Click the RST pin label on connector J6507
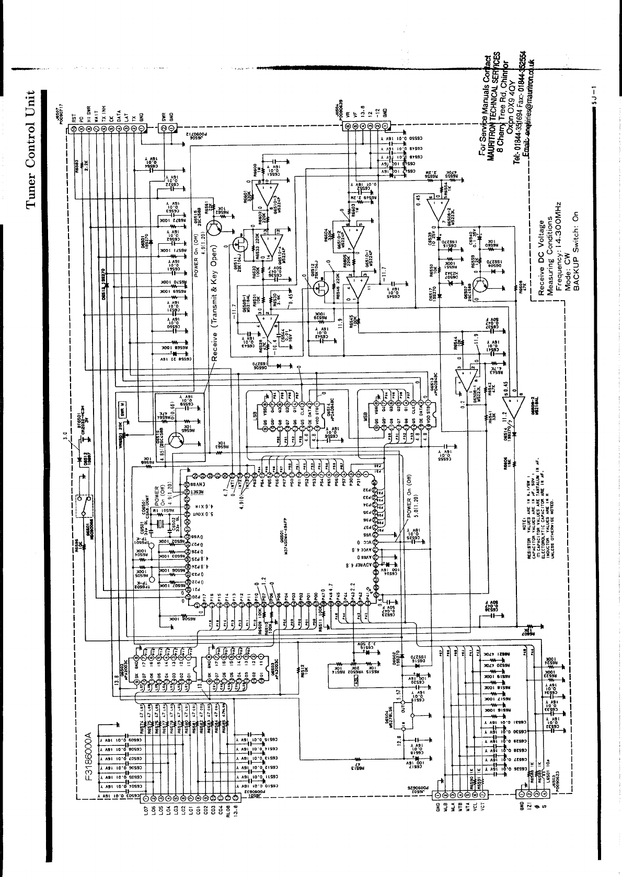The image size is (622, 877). coord(74,118)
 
